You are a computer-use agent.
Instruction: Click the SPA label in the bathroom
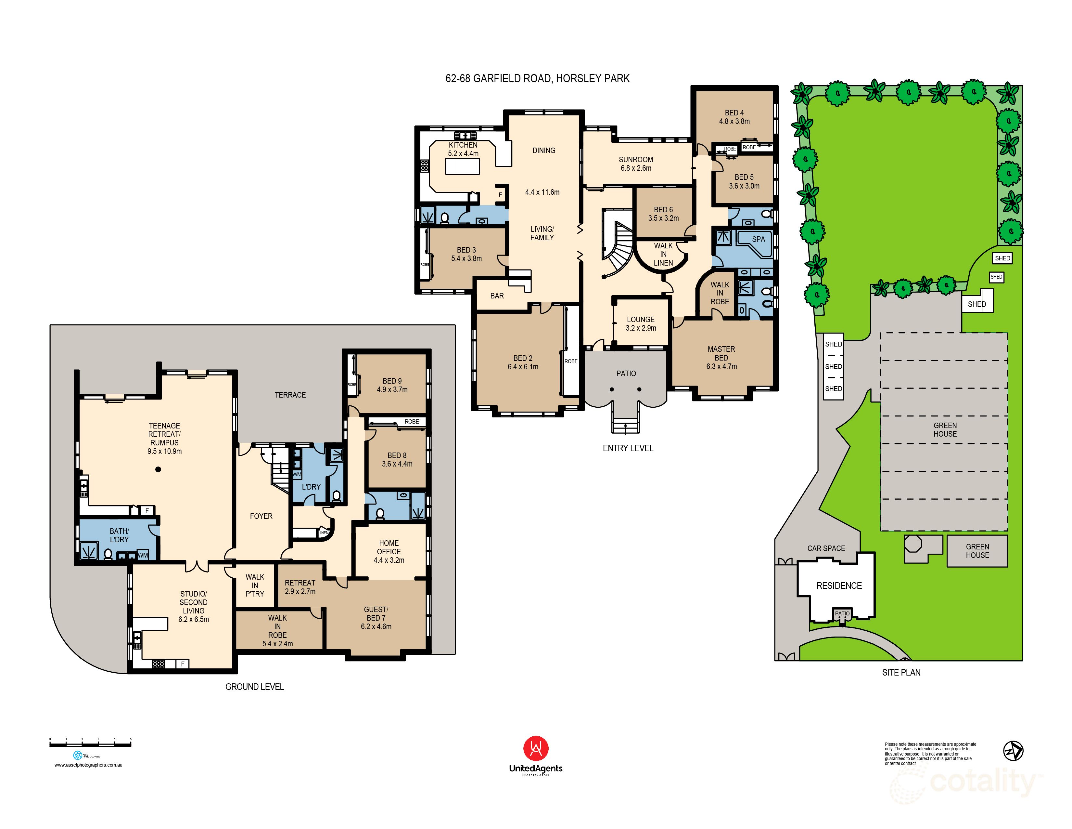click(x=758, y=239)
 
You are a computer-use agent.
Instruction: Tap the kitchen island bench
click(x=462, y=166)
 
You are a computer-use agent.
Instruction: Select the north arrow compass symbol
click(x=1013, y=750)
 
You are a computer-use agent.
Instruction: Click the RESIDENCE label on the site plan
click(x=838, y=586)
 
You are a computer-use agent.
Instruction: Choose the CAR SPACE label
click(x=826, y=548)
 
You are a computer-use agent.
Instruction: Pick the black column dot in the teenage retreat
click(x=158, y=469)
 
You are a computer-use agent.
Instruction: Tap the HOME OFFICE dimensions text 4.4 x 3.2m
click(x=389, y=560)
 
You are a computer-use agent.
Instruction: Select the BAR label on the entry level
click(x=497, y=296)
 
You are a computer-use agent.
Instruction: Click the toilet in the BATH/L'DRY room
click(x=108, y=554)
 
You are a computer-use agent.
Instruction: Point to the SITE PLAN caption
click(x=901, y=672)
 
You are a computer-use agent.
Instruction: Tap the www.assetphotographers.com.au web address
click(x=88, y=765)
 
